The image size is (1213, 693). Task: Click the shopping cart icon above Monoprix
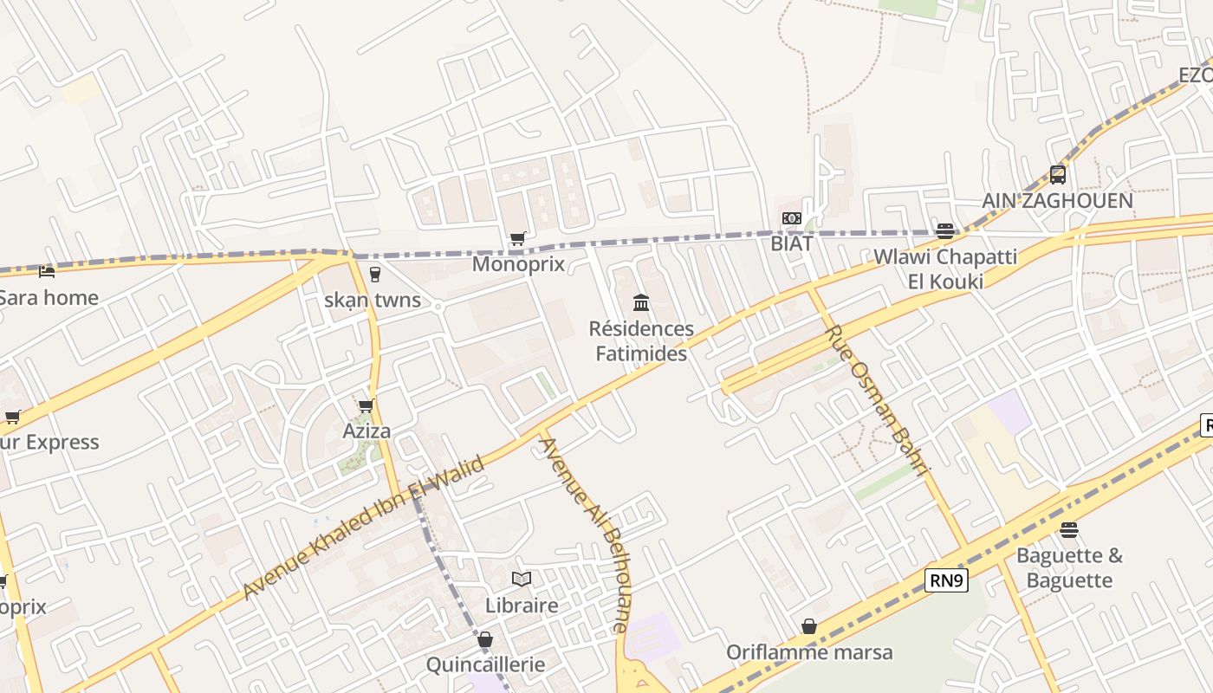517,238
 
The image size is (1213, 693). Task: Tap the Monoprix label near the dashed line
518,264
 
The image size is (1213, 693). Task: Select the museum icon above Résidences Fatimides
641,302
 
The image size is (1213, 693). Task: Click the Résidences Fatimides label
641,340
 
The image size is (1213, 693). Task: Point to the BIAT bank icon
792,218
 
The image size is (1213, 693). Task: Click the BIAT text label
792,243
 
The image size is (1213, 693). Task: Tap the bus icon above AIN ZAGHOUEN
1058,175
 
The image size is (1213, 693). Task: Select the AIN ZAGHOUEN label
1057,201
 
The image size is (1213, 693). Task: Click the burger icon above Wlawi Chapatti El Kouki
945,230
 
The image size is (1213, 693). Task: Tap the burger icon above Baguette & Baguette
1069,529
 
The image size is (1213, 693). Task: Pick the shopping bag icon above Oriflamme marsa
809,625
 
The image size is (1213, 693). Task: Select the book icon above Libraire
521,579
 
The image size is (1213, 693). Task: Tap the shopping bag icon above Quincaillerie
485,639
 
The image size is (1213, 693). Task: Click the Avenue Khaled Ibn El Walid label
364,528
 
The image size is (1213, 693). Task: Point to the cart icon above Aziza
366,405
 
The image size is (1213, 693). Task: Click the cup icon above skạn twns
374,275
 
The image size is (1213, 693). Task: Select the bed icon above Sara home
47,272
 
